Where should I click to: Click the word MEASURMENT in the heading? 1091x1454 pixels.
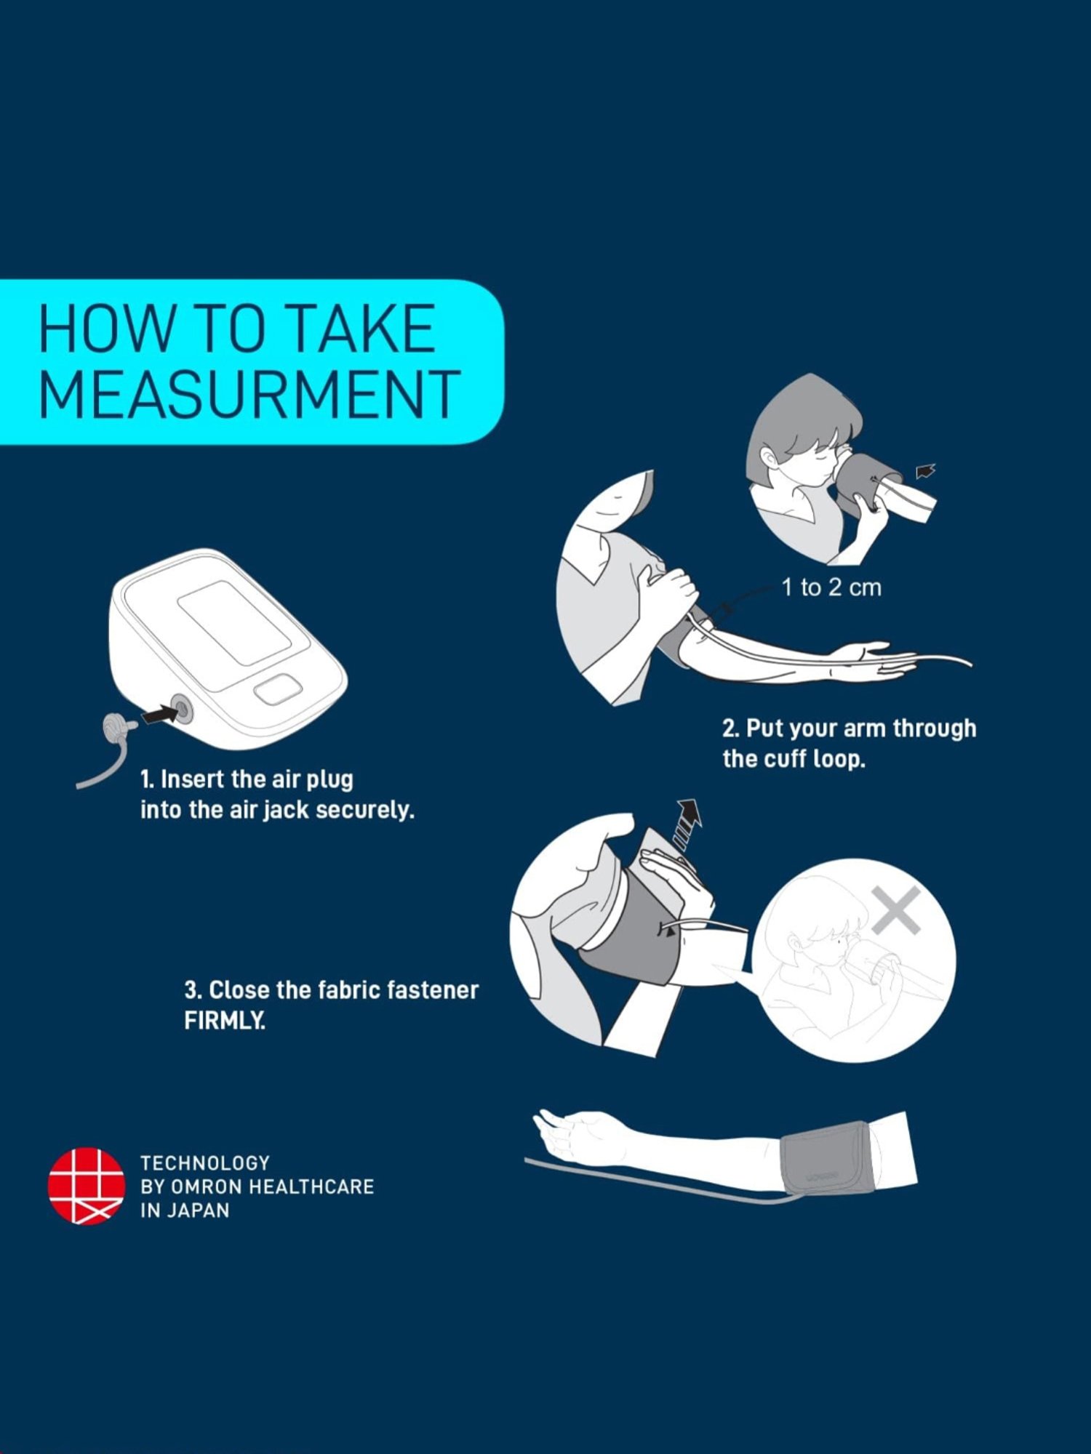249,393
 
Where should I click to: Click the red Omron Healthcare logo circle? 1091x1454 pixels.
86,1186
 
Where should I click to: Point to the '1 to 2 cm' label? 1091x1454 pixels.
831,587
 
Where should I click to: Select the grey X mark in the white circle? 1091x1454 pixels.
896,909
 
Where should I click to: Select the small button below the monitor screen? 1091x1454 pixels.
278,688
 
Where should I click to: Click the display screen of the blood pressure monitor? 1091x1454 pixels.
234,624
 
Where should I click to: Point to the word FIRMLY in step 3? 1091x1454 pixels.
225,1021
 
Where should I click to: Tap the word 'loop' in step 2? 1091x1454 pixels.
839,759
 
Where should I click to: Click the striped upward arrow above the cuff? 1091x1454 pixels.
686,824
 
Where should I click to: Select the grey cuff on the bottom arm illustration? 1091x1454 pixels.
826,1160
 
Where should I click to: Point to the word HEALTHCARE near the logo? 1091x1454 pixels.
311,1186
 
